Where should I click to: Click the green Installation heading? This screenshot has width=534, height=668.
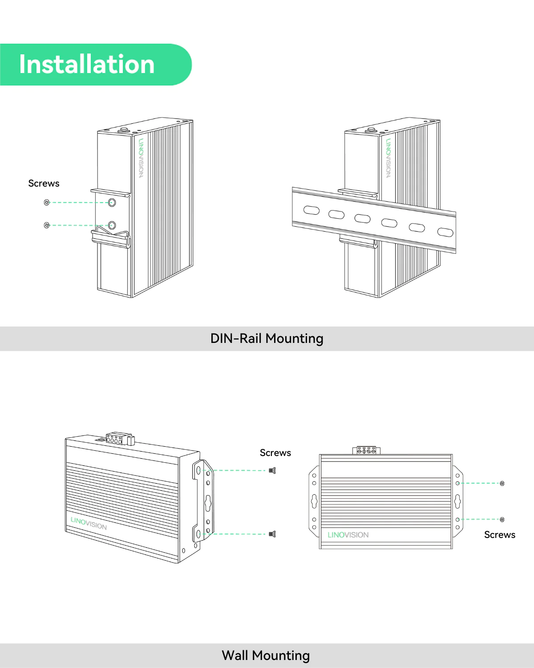click(87, 65)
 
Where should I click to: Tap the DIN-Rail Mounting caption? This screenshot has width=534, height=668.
click(267, 338)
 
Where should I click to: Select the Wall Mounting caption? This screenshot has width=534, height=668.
click(266, 656)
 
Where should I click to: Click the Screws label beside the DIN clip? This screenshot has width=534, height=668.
click(44, 183)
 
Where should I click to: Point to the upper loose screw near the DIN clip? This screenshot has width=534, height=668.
click(47, 203)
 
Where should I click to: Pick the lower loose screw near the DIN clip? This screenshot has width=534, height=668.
click(47, 225)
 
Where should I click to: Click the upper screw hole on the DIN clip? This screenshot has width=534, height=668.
click(112, 203)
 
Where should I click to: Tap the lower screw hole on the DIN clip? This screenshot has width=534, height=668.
click(112, 225)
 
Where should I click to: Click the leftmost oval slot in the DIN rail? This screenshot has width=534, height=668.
click(311, 210)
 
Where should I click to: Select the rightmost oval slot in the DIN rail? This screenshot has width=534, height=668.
click(445, 232)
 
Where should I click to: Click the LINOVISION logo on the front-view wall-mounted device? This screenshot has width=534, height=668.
click(348, 535)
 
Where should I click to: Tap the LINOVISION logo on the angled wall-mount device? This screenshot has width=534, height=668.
click(89, 523)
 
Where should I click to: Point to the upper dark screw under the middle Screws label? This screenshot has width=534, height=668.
click(272, 470)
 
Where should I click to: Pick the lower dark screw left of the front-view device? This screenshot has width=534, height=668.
click(272, 534)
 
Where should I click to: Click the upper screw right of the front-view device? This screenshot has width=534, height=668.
click(502, 483)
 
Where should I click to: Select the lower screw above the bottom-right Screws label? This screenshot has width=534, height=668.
click(502, 519)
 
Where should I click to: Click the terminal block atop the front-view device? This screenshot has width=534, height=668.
click(367, 451)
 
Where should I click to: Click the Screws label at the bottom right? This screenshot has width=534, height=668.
click(499, 535)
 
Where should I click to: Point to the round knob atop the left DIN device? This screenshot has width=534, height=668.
click(123, 130)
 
